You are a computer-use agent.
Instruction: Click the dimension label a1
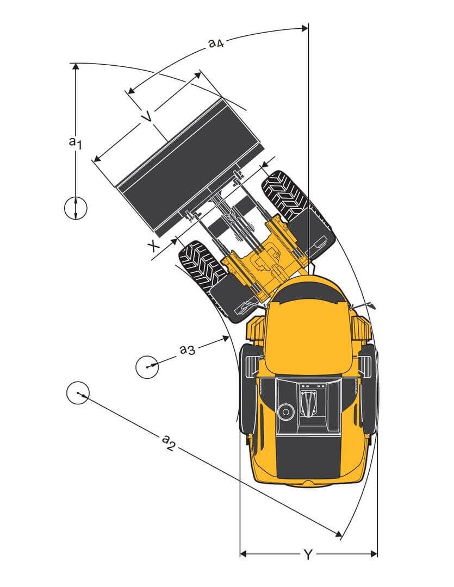click(75, 143)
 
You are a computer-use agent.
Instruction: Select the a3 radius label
click(187, 349)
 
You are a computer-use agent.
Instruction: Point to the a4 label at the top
click(216, 43)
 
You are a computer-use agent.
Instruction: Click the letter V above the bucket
click(145, 117)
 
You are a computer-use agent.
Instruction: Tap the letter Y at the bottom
click(308, 554)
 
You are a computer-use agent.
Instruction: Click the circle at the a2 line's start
click(78, 392)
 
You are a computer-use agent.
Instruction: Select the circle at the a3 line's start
click(147, 366)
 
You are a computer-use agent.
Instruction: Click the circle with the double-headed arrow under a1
click(76, 208)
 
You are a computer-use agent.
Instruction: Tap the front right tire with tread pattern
click(285, 197)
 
